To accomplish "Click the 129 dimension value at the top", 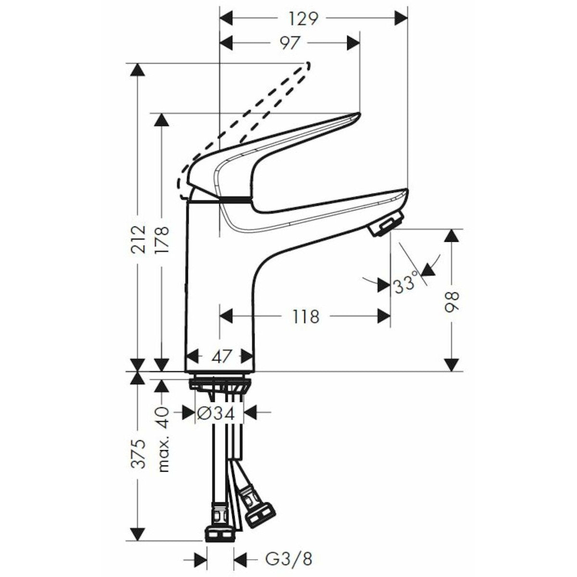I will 303,18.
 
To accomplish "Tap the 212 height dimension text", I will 138,239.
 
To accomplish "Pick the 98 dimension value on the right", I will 452,301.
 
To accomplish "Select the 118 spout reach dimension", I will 305,316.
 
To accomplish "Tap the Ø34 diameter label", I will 215,413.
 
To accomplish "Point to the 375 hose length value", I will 138,453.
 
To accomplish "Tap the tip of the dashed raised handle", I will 307,65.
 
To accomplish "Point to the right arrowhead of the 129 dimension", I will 401,18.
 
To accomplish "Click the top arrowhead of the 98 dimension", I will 452,236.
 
